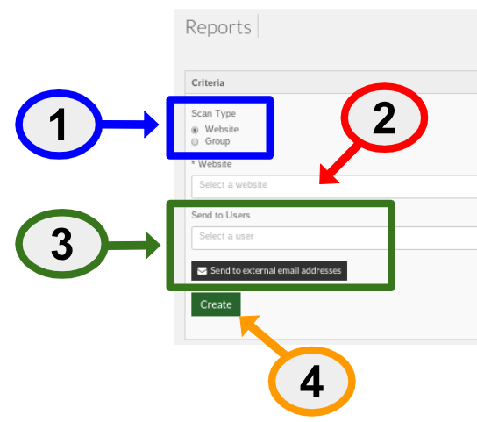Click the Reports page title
click(x=218, y=27)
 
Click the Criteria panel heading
click(x=208, y=82)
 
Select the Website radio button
click(x=195, y=130)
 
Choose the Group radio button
click(x=195, y=142)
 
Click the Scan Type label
click(x=214, y=113)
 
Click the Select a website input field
click(x=334, y=186)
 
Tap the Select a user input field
click(x=334, y=238)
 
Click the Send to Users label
click(x=221, y=215)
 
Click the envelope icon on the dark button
click(x=202, y=271)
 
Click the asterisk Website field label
click(x=211, y=164)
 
